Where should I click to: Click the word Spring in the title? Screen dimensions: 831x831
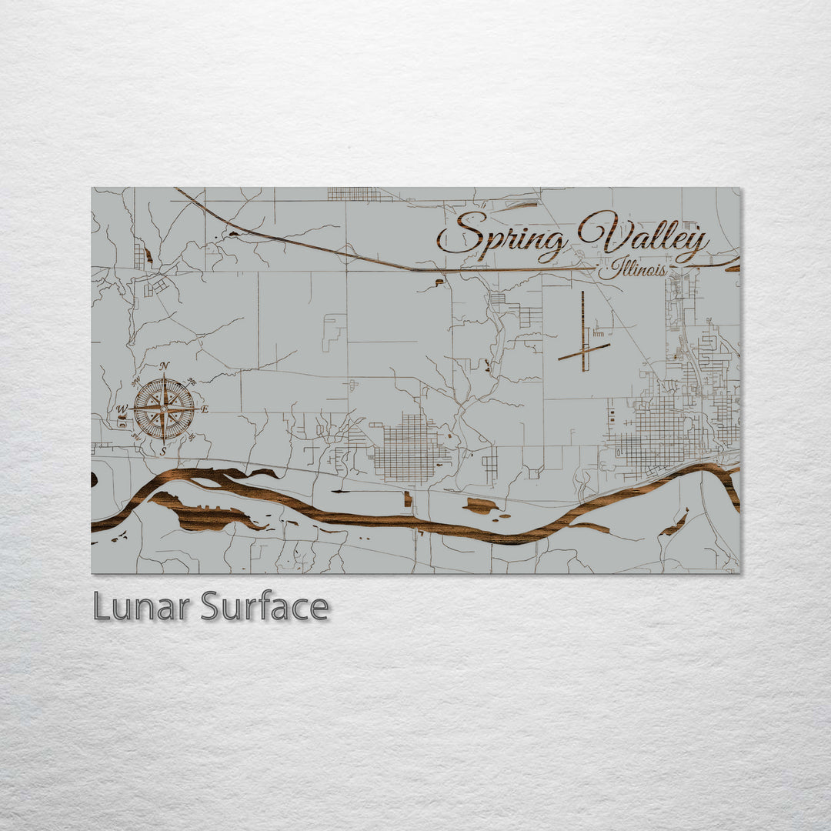pyautogui.click(x=504, y=235)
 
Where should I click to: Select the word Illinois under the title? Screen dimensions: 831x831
pyautogui.click(x=632, y=269)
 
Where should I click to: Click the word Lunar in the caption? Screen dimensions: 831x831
pyautogui.click(x=142, y=607)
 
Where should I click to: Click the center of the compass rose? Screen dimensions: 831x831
pyautogui.click(x=164, y=409)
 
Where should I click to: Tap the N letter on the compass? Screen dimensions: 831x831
pyautogui.click(x=164, y=366)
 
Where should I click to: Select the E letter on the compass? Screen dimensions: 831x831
pyautogui.click(x=205, y=409)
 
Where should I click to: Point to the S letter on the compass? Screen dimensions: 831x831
pyautogui.click(x=163, y=452)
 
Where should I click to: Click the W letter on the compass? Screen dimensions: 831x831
pyautogui.click(x=121, y=409)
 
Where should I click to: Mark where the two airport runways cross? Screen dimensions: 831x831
pyautogui.click(x=583, y=351)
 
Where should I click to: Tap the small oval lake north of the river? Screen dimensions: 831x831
pyautogui.click(x=481, y=506)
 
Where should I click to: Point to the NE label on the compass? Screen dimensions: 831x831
pyautogui.click(x=192, y=382)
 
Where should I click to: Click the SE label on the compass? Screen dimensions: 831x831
pyautogui.click(x=192, y=437)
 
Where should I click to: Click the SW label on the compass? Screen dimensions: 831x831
pyautogui.click(x=136, y=437)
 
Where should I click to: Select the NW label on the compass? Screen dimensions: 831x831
pyautogui.click(x=135, y=382)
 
